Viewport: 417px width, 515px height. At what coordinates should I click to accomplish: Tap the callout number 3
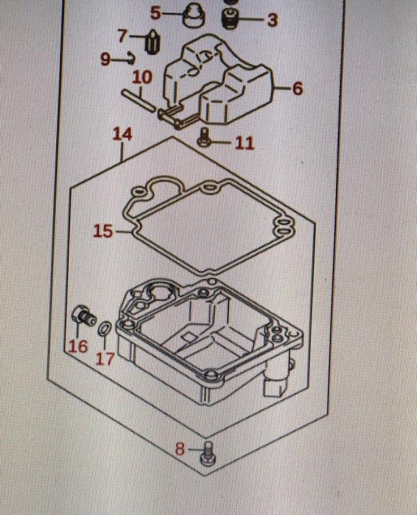pyautogui.click(x=272, y=20)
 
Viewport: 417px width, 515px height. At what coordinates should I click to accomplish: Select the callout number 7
pyautogui.click(x=123, y=35)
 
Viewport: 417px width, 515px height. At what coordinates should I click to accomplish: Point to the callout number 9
pyautogui.click(x=106, y=60)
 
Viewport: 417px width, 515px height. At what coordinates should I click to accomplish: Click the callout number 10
pyautogui.click(x=142, y=77)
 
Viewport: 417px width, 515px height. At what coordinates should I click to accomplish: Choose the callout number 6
pyautogui.click(x=297, y=89)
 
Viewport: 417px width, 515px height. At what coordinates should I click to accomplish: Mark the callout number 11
pyautogui.click(x=245, y=143)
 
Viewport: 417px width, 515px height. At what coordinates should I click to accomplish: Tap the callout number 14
pyautogui.click(x=122, y=135)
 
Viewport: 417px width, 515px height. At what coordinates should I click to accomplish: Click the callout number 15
pyautogui.click(x=103, y=231)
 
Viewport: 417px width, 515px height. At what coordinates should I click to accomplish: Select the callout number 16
pyautogui.click(x=78, y=347)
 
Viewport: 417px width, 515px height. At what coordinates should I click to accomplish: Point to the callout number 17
pyautogui.click(x=105, y=359)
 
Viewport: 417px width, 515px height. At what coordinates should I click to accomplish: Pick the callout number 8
pyautogui.click(x=180, y=449)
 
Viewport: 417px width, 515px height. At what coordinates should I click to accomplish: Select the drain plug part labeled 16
pyautogui.click(x=84, y=316)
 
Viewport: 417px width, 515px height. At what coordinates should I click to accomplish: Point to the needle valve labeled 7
pyautogui.click(x=152, y=42)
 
